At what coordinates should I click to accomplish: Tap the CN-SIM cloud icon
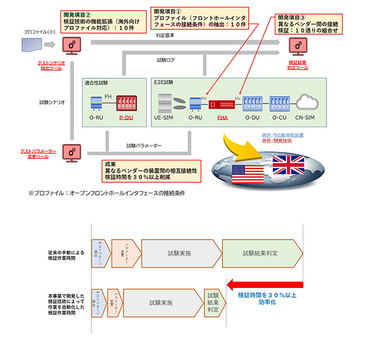(309, 103)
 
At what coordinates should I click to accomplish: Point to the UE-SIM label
(165, 119)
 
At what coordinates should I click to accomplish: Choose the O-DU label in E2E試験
(252, 119)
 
